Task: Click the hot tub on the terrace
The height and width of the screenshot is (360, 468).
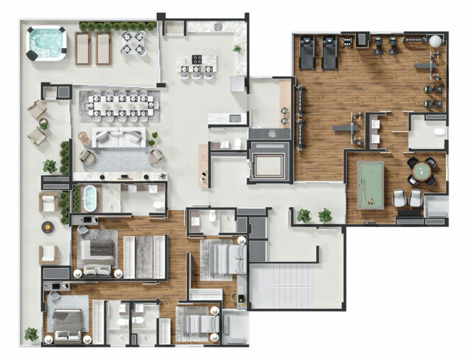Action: [46, 43]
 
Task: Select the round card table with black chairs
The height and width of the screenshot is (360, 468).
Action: [422, 171]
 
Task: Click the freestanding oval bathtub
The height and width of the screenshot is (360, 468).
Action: [90, 197]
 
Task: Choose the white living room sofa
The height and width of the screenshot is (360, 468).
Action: [119, 138]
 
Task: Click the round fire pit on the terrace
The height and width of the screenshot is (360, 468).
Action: [47, 227]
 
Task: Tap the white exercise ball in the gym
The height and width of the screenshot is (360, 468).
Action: [435, 41]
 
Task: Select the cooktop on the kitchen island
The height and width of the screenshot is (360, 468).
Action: [197, 59]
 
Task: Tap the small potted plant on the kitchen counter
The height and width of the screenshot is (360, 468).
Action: [237, 48]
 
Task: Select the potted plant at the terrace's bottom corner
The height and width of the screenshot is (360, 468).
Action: [31, 333]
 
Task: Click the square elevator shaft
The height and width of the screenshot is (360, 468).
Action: [269, 161]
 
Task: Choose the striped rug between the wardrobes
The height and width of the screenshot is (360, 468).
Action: [144, 256]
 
